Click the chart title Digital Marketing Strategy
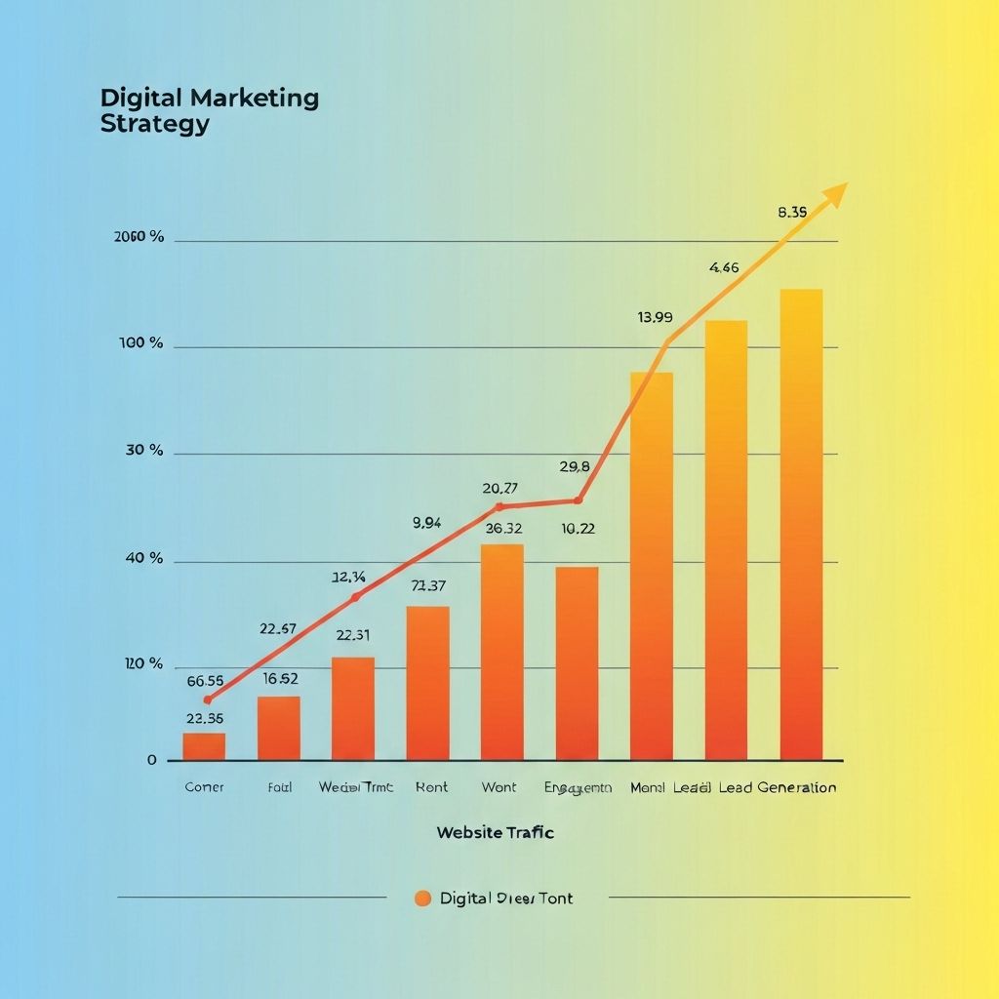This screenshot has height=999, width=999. point(209,111)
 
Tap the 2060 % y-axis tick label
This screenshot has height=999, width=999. point(140,237)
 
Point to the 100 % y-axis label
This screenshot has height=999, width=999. point(141,343)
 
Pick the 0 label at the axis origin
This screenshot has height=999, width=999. point(152,760)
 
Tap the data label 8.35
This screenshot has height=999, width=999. point(793,212)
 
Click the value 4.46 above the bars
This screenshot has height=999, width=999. point(724,267)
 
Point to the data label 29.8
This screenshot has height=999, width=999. point(575,467)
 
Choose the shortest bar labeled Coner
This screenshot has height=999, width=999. point(204,746)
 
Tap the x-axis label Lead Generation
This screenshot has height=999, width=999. point(778,787)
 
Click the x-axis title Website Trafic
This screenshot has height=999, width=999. point(496,832)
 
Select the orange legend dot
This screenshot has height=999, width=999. point(422,899)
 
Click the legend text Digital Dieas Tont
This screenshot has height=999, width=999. point(506,899)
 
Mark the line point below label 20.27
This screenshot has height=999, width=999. point(499,507)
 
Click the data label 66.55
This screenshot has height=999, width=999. point(205,681)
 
